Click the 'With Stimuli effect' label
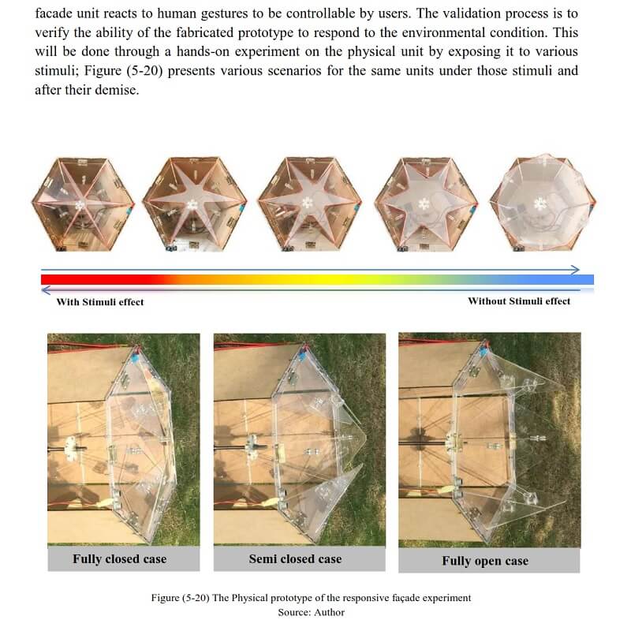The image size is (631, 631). point(100,301)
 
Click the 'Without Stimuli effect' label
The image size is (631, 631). point(518,301)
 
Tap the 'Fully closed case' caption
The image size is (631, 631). point(120,558)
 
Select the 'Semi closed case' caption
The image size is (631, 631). point(295,558)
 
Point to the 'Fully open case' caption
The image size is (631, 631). point(485,561)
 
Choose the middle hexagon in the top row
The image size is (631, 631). point(309,203)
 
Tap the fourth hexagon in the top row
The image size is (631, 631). point(424,203)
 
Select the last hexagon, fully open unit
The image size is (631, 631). point(540,203)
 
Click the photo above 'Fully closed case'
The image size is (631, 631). point(124,439)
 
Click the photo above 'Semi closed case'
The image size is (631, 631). point(300,439)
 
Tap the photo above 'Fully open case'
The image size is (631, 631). point(489,439)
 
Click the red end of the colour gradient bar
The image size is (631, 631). point(55,279)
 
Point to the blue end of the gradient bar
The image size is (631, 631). point(580,279)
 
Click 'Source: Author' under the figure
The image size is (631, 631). point(311,612)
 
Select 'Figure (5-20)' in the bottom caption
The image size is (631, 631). point(181,598)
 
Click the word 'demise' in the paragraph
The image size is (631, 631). point(107,89)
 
